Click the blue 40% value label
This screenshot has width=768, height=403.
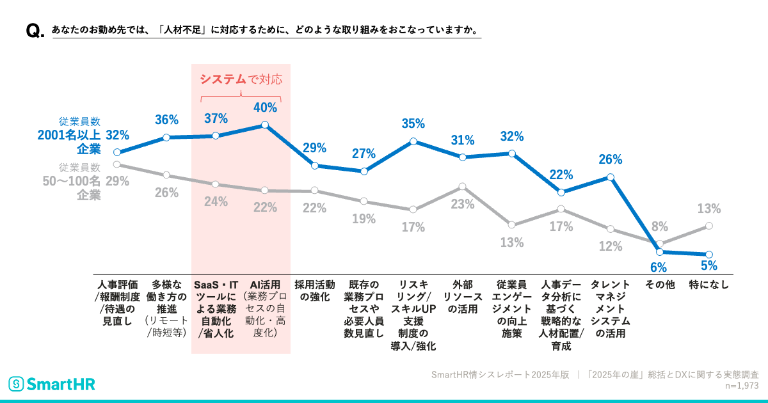pos(266,108)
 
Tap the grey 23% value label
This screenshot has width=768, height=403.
pos(463,205)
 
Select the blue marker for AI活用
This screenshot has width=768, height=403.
pos(266,125)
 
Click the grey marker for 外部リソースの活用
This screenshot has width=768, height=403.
pos(463,187)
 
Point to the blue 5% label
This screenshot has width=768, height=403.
pos(708,266)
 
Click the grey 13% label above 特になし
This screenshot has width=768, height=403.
pos(708,209)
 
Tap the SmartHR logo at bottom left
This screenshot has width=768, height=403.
pos(51,384)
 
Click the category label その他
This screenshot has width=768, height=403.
pos(659,285)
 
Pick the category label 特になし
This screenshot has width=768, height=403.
pos(708,285)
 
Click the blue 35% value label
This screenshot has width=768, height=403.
pos(413,123)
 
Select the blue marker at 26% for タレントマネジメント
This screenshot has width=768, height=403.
pos(611,177)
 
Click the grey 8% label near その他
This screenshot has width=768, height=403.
pos(660,226)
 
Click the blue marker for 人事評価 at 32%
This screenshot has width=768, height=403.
pos(117,152)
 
